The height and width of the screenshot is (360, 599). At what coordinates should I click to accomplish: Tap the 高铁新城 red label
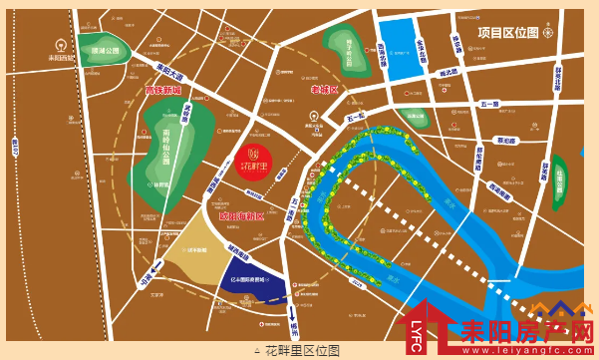[163, 91]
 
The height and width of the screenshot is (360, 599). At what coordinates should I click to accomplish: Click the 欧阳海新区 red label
[242, 216]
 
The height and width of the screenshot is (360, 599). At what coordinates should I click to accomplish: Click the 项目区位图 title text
[508, 32]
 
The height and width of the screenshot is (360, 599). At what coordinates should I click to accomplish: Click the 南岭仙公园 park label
[165, 148]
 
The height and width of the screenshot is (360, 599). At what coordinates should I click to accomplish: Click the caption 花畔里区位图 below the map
[299, 351]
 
